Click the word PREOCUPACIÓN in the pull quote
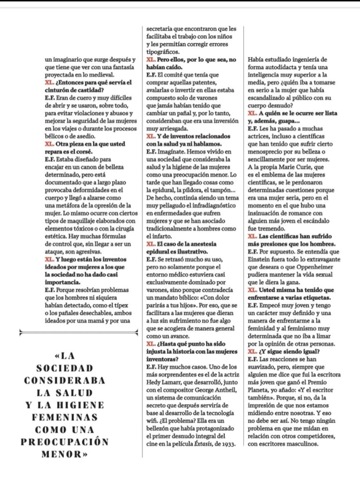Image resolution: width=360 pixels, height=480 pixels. coord(65,442)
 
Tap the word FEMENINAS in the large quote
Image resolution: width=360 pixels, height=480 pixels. coord(65,417)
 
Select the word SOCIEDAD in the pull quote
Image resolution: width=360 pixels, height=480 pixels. coord(65,368)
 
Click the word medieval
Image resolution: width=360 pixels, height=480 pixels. coord(101,75)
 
